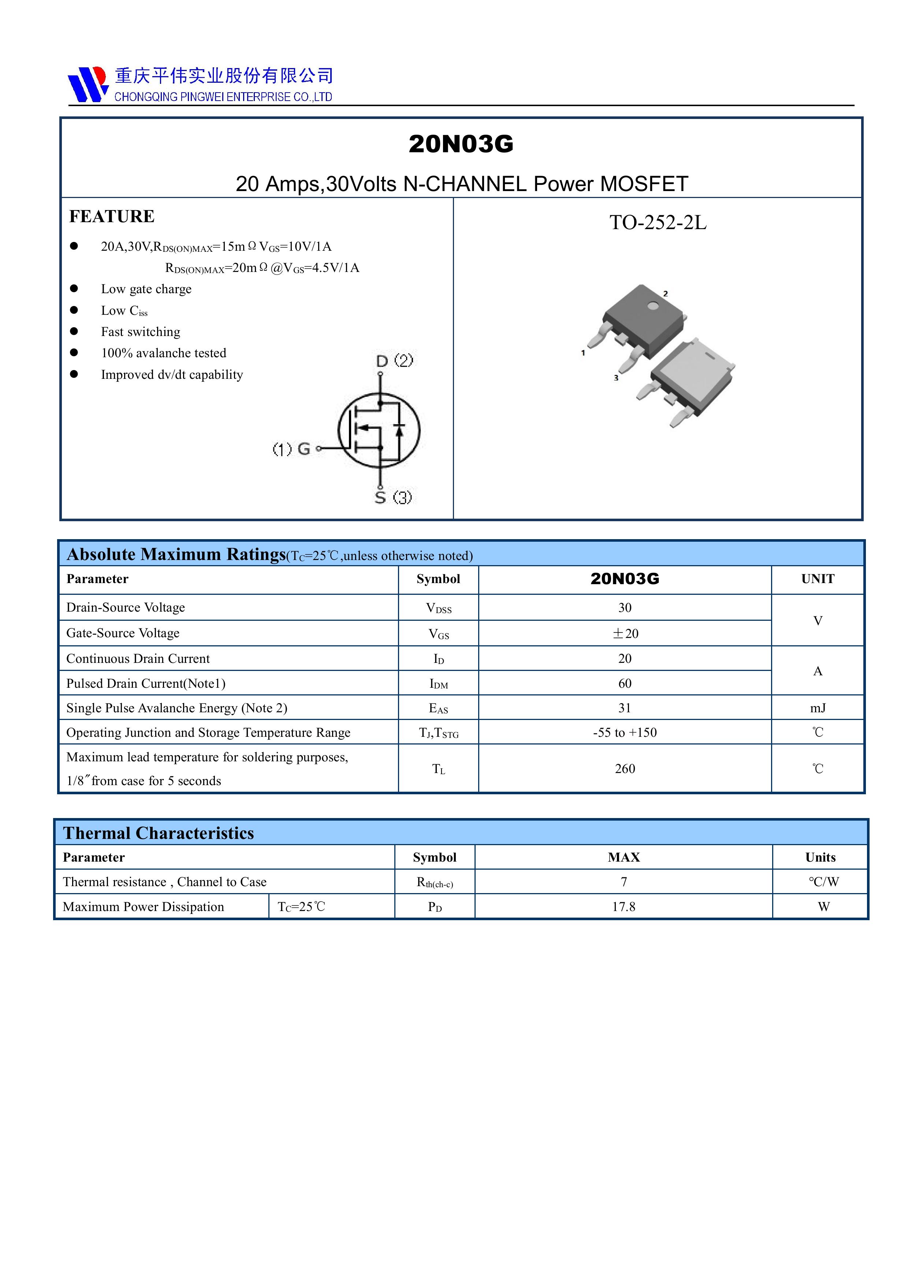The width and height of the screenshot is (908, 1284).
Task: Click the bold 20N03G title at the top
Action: [461, 144]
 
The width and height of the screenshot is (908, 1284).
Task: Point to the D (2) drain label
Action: [394, 361]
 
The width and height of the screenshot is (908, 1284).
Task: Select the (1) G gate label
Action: [291, 448]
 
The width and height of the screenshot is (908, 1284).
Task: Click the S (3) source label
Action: [393, 497]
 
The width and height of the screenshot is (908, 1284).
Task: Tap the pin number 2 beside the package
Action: [665, 294]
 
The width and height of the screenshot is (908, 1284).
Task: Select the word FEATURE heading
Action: [112, 216]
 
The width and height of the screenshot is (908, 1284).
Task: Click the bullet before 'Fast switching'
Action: [74, 332]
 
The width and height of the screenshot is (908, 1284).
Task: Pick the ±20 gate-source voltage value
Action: [625, 634]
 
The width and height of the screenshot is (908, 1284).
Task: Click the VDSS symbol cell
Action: [439, 608]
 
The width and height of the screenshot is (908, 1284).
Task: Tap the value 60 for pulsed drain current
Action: [625, 683]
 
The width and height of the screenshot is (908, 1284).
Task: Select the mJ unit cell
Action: [817, 708]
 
